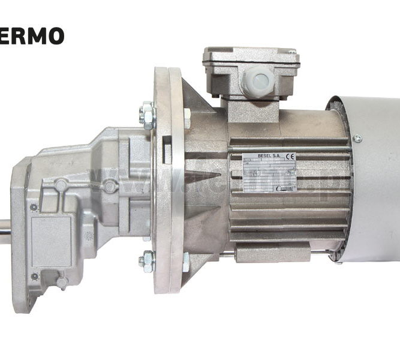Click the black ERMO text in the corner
31,35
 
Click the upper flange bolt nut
147,113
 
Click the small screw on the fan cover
358,139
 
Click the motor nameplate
269,173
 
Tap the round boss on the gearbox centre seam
109,186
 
